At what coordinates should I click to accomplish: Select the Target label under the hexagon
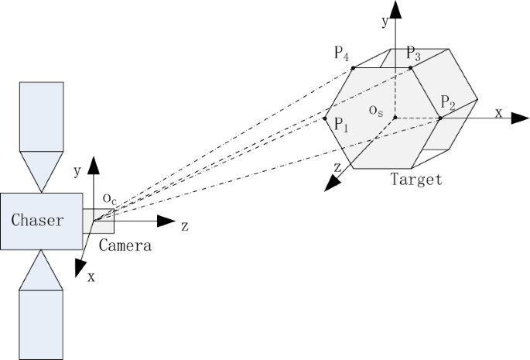click(x=416, y=180)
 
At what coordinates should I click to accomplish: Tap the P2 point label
click(x=448, y=103)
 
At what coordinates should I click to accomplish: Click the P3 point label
click(x=413, y=55)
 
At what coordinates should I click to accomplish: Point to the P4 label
click(x=342, y=53)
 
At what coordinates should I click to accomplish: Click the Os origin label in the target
click(x=376, y=111)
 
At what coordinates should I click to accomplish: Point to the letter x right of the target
click(x=498, y=113)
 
